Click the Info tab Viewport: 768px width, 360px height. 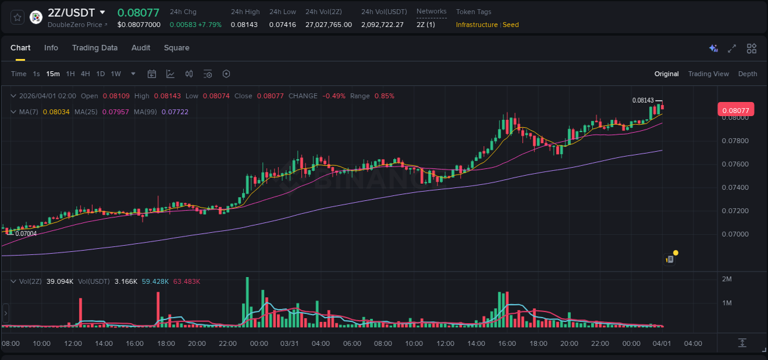click(51, 48)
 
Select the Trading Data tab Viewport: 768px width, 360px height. click(95, 48)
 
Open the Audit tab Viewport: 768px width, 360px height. click(141, 48)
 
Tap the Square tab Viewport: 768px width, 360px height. click(176, 48)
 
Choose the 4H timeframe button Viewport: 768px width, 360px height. click(85, 74)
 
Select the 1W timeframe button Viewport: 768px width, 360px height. click(116, 74)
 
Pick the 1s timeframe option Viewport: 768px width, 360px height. click(36, 74)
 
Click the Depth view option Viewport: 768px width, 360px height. click(747, 74)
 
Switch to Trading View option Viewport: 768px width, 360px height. click(708, 74)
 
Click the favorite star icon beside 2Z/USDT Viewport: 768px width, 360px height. click(18, 17)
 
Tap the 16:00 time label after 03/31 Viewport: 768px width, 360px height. click(507, 343)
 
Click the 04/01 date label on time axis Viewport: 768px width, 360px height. click(662, 343)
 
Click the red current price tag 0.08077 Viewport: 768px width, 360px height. click(735, 111)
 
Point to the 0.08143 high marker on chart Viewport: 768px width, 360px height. click(643, 100)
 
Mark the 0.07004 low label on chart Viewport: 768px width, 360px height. click(26, 233)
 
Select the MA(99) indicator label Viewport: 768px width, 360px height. click(147, 112)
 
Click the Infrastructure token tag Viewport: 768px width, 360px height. click(477, 25)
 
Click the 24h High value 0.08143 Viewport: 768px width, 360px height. click(244, 25)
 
